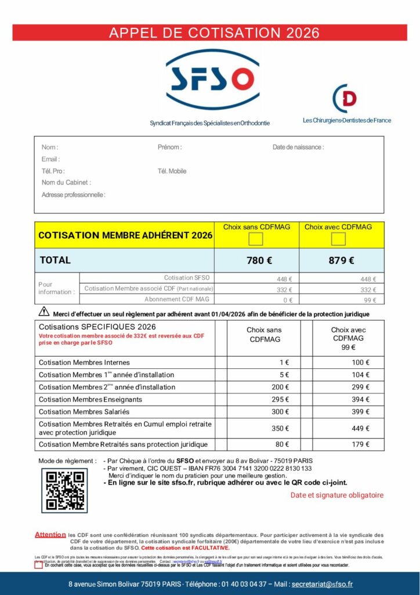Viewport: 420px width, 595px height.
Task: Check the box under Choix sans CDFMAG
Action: coord(256,239)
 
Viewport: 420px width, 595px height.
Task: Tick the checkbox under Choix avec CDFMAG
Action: coord(338,239)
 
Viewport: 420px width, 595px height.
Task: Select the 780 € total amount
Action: coord(259,260)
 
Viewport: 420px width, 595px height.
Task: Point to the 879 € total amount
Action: coord(341,260)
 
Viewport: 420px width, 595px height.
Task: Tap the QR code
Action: coord(64,490)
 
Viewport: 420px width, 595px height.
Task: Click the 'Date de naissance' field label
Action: coord(298,148)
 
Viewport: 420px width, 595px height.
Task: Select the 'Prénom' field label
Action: coord(169,148)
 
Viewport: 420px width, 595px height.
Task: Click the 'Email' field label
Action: coord(50,159)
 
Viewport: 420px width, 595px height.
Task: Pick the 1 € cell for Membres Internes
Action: coord(284,363)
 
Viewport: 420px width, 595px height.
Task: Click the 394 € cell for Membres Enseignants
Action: coord(360,399)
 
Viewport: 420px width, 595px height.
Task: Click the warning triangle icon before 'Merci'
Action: coord(44,313)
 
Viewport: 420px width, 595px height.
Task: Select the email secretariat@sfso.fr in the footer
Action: coord(322,584)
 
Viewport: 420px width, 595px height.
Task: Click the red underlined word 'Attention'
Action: coord(50,535)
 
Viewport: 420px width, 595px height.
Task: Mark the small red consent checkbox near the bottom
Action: coord(39,565)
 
